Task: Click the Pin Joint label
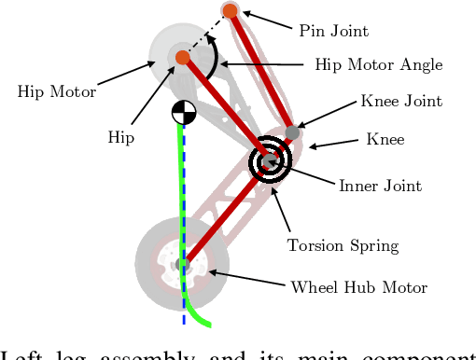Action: click(333, 31)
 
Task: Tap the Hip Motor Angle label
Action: click(379, 65)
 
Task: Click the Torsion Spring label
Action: click(343, 246)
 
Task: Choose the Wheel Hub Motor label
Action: click(359, 287)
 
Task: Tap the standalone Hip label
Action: click(120, 137)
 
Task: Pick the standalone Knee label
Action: click(386, 140)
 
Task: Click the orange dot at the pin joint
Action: click(230, 11)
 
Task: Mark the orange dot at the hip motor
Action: click(182, 58)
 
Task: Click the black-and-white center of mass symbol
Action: click(182, 113)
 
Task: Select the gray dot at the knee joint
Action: click(292, 132)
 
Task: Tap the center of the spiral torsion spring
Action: click(271, 160)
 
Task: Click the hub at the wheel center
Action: click(183, 265)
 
